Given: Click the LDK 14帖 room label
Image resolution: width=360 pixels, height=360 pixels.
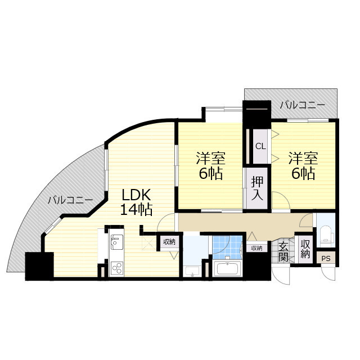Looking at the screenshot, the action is pyautogui.click(x=136, y=202).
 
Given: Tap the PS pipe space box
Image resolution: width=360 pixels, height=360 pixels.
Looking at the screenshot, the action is pyautogui.click(x=326, y=259).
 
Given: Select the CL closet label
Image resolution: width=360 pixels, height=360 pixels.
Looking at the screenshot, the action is pyautogui.click(x=260, y=146).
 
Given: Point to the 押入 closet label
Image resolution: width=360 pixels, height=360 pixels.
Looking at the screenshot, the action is pyautogui.click(x=256, y=188).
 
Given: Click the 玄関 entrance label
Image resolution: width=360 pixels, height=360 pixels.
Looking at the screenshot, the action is pyautogui.click(x=283, y=251).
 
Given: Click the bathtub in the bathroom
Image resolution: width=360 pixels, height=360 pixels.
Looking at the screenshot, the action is pyautogui.click(x=227, y=269).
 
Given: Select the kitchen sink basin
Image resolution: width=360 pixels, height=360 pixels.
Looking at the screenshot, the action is pyautogui.click(x=116, y=242).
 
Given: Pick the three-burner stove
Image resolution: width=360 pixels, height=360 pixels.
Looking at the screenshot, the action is pyautogui.click(x=116, y=268).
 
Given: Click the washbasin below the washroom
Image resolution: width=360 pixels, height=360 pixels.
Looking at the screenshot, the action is pyautogui.click(x=192, y=271).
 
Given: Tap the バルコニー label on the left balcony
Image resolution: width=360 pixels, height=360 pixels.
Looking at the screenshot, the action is pyautogui.click(x=70, y=200).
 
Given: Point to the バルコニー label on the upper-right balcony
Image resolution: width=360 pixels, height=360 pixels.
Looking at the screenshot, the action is pyautogui.click(x=303, y=105).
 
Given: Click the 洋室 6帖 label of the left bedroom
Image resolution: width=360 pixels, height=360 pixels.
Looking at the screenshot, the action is pyautogui.click(x=211, y=165).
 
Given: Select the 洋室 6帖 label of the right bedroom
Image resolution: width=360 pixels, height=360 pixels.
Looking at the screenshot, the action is pyautogui.click(x=303, y=165).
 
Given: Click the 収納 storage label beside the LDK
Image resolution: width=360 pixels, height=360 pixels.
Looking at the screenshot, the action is pyautogui.click(x=169, y=242).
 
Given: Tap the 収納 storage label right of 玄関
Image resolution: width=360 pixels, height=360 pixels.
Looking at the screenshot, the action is pyautogui.click(x=305, y=249).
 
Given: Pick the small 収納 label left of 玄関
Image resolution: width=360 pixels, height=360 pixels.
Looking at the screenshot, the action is pyautogui.click(x=256, y=248).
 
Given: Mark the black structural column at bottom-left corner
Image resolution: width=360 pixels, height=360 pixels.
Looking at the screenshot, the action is pyautogui.click(x=39, y=266).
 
